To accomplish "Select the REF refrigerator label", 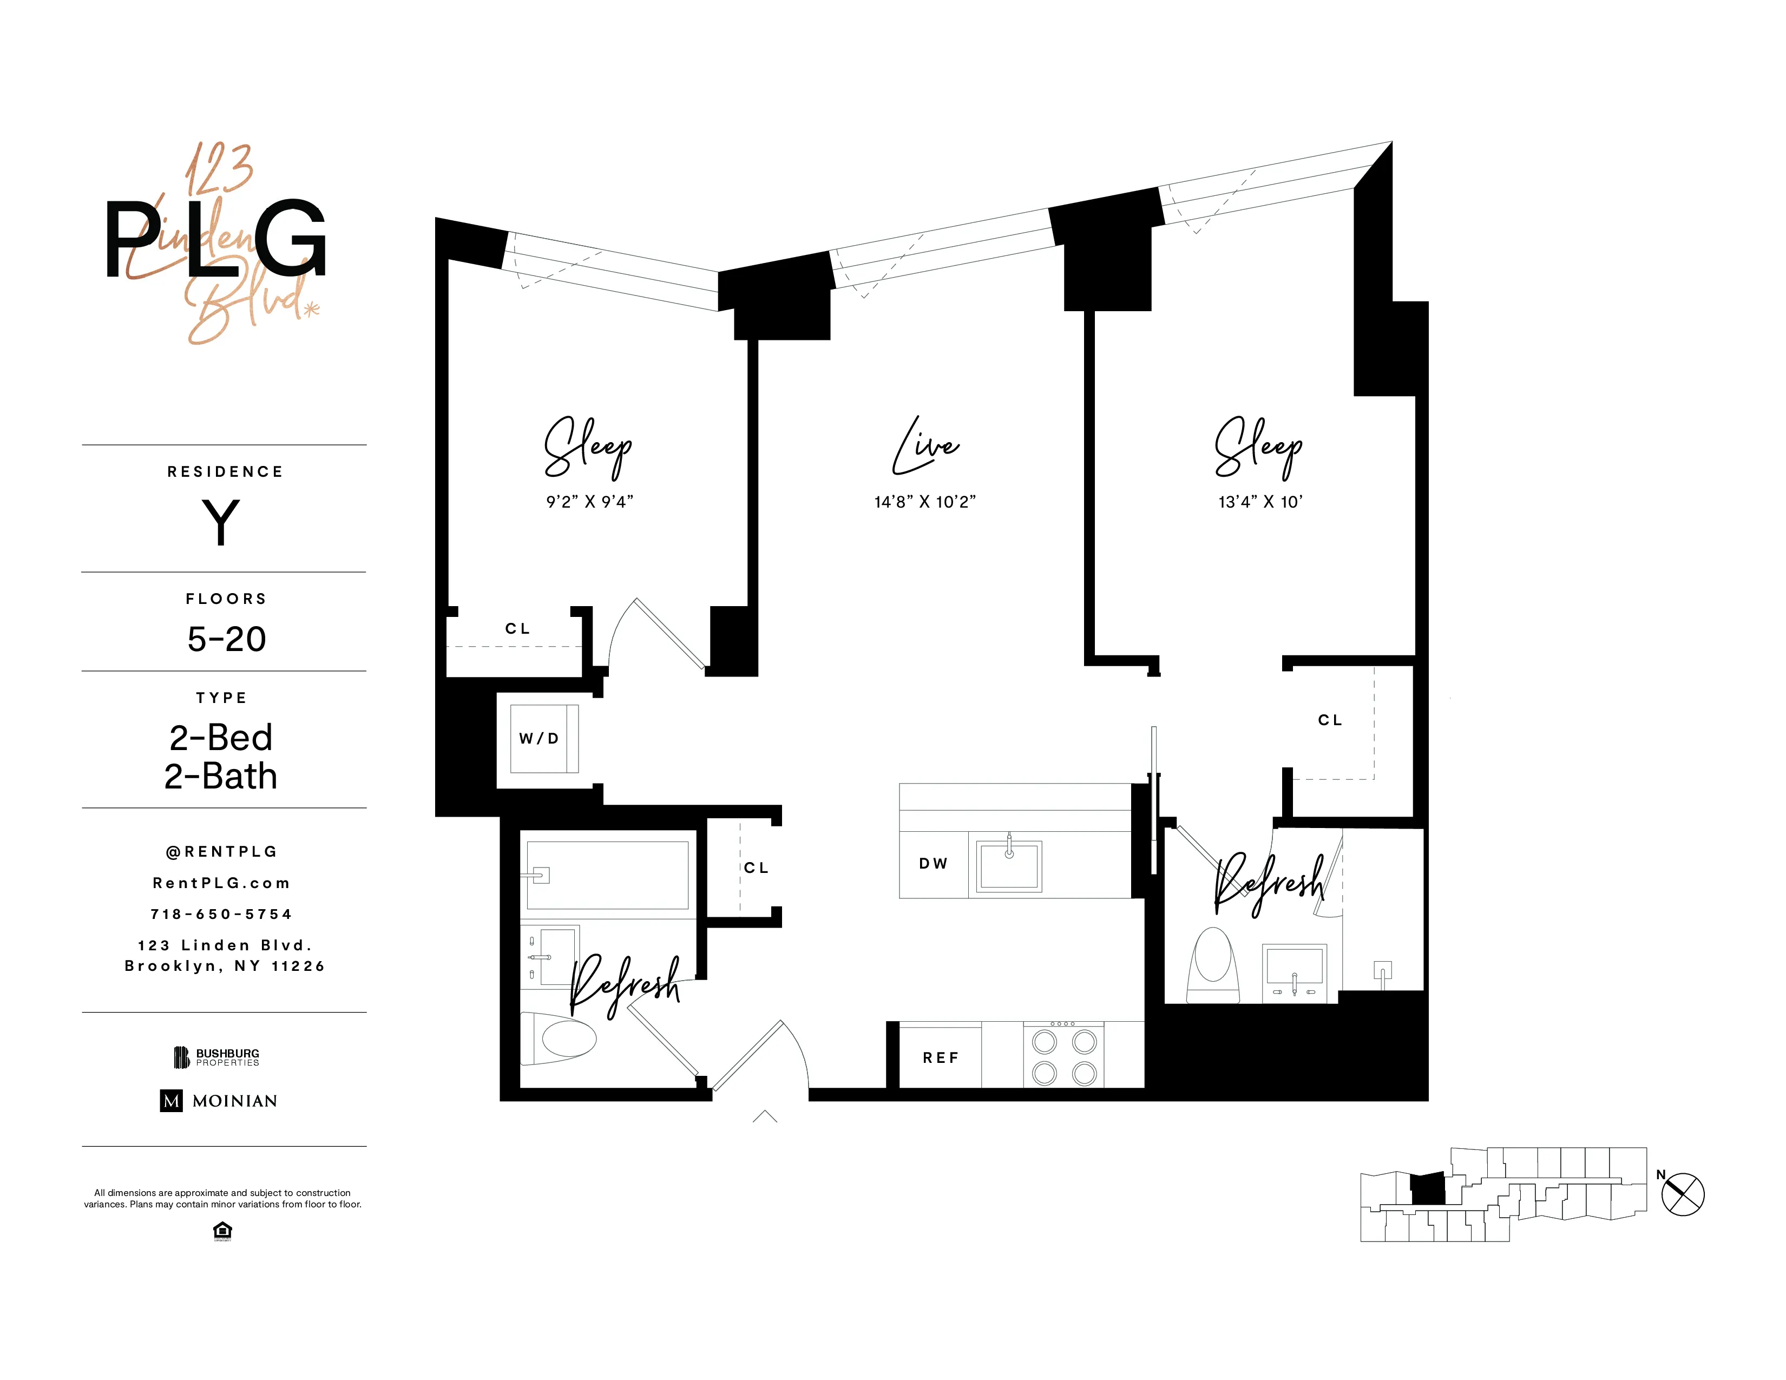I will coord(941,1058).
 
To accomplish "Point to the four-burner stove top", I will coord(1064,1057).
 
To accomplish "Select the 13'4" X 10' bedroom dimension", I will coord(1260,502).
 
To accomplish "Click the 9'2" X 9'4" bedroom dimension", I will coord(589,502).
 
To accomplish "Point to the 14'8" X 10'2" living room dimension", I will coord(925,502).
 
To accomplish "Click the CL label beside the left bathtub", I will coord(757,868).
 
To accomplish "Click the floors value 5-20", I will coord(227,639).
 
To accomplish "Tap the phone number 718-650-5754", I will coord(221,914).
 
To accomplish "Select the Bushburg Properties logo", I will coord(216,1057).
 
